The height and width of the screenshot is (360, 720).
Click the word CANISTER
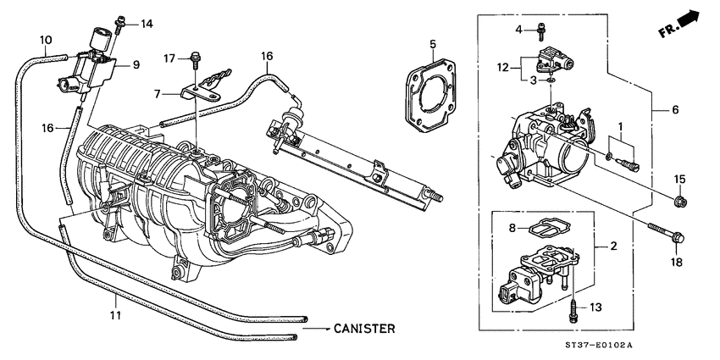coord(363,327)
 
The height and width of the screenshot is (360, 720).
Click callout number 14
coord(147,23)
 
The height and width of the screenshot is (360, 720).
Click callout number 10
coord(46,39)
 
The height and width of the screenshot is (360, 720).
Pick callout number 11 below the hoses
coord(115,314)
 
